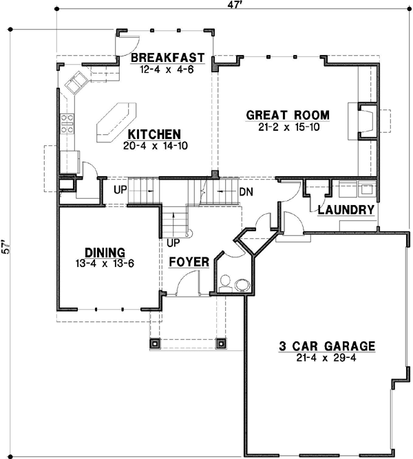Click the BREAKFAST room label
tap(167, 58)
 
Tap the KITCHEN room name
tap(154, 134)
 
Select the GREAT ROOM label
tap(288, 115)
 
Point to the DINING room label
tap(105, 253)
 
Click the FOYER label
tap(189, 262)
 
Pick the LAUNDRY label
tap(346, 210)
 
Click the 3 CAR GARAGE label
tap(326, 346)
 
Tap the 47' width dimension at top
tap(235, 4)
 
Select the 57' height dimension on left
tap(6, 247)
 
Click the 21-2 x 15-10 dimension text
tap(289, 127)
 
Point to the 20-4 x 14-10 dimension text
tap(156, 146)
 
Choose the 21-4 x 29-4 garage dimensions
tap(326, 358)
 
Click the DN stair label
tap(246, 192)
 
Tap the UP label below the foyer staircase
tap(173, 242)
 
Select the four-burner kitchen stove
tap(67, 124)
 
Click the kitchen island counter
tap(116, 122)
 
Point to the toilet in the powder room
tap(226, 284)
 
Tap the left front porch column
tap(155, 343)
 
